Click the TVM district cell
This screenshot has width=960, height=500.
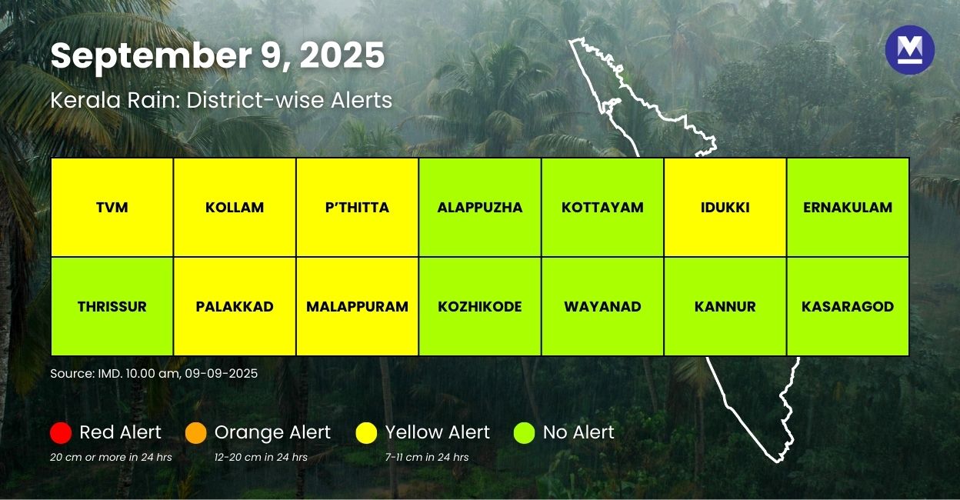point(112,208)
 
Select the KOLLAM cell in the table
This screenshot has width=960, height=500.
point(235,208)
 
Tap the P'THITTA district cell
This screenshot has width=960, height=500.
point(357,208)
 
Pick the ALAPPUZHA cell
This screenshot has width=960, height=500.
point(480,208)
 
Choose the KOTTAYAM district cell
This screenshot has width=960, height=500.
point(602,208)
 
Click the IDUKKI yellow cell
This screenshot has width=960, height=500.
point(725,208)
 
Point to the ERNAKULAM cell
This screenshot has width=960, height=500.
point(848,208)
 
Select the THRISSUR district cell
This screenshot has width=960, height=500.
point(112,306)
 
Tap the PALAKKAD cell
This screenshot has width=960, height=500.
point(235,306)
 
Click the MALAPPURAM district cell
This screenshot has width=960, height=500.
point(357,306)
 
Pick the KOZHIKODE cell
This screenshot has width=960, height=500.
point(480,306)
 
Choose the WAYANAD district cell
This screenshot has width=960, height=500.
point(602,306)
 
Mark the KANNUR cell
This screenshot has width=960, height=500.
point(725,306)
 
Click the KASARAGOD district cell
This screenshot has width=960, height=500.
point(848,306)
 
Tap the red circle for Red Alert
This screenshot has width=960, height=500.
point(61,433)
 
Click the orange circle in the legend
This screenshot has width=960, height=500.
point(196,433)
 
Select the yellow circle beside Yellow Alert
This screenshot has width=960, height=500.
point(367,433)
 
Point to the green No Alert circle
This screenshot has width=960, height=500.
point(524,433)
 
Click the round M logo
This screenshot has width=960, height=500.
point(909,50)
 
